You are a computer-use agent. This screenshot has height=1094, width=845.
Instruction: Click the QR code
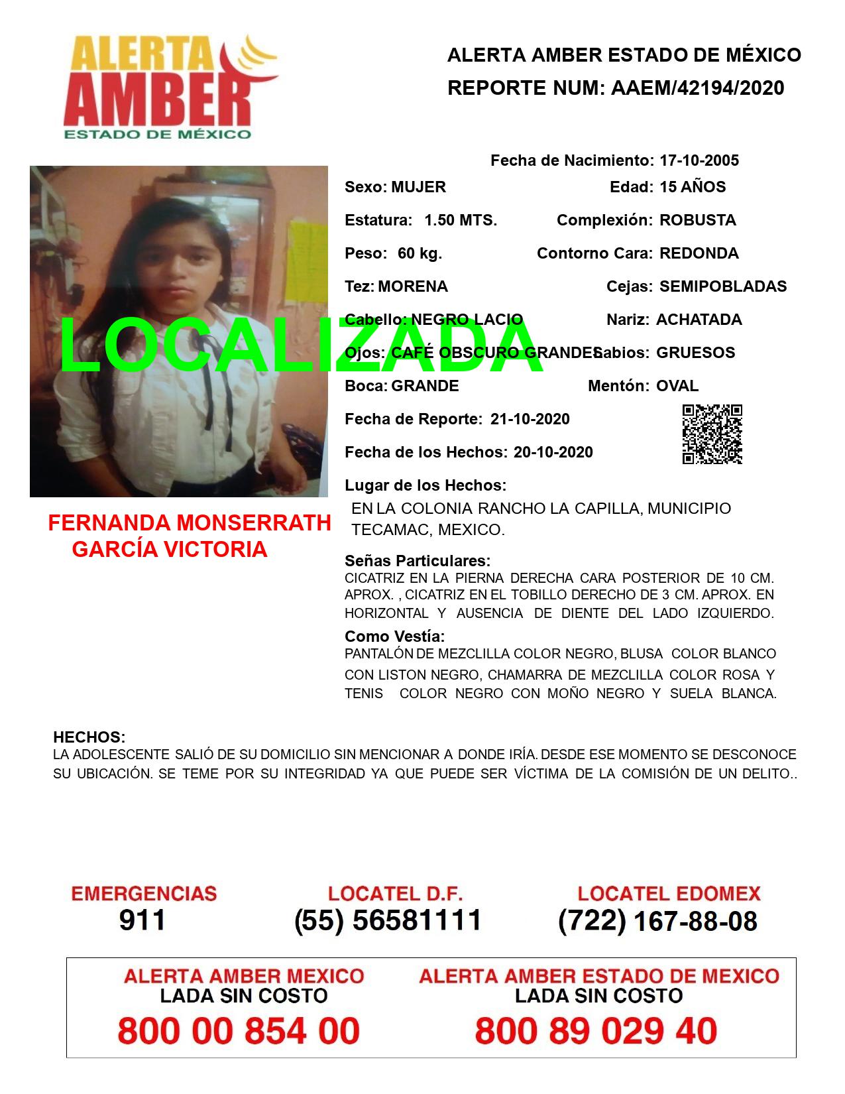coord(712,434)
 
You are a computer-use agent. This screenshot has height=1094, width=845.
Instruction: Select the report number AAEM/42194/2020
coord(695,88)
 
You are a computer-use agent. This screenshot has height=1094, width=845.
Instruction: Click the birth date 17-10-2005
coord(699,160)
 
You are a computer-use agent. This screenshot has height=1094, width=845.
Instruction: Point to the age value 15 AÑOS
coord(693,187)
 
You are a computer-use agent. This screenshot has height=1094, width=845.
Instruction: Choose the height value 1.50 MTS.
coord(461,220)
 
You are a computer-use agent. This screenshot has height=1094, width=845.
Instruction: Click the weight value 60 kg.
coord(420,253)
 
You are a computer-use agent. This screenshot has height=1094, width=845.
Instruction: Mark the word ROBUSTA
coord(698,220)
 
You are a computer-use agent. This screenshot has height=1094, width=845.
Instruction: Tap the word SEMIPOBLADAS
coord(723,286)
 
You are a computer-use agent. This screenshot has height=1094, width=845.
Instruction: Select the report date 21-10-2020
coord(530,419)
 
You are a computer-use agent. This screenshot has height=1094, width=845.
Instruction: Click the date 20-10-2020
coord(553,452)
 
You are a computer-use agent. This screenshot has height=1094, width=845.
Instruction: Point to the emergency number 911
coord(142,920)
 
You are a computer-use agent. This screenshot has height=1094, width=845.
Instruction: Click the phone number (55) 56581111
coord(388,920)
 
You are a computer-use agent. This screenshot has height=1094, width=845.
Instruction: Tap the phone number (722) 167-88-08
coord(657,920)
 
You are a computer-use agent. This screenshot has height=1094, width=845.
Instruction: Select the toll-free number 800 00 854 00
coord(239,1032)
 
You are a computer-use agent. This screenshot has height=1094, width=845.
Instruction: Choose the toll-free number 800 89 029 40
coord(596,1032)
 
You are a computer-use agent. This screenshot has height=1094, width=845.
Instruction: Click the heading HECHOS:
coord(89,737)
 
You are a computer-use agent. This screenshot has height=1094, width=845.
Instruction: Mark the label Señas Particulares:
coord(418,561)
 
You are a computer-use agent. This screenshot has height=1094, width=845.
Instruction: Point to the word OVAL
coord(677,386)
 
